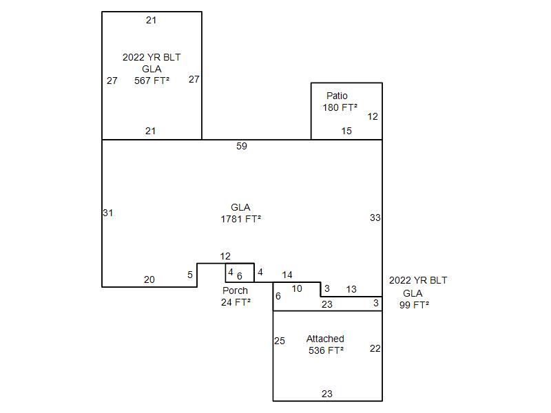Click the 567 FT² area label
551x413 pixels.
[x=152, y=81]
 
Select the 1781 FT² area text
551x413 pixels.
[x=240, y=219]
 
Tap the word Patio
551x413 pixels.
[x=337, y=96]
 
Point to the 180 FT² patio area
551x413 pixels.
[x=340, y=107]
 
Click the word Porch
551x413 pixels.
[x=235, y=290]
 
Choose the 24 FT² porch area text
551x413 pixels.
[x=236, y=302]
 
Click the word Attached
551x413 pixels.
[x=325, y=339]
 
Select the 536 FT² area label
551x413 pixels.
[x=326, y=350]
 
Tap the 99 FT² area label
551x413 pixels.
[x=414, y=305]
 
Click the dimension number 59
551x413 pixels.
[x=242, y=146]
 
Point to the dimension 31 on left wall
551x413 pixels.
[x=108, y=213]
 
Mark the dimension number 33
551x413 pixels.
[x=375, y=218]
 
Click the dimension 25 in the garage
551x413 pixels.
[x=280, y=341]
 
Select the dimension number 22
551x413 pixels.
[x=375, y=348]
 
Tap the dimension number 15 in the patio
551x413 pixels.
[x=346, y=131]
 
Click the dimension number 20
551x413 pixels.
[x=149, y=279]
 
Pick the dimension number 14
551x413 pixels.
[x=287, y=275]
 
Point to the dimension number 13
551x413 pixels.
[x=351, y=289]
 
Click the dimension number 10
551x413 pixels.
[x=297, y=288]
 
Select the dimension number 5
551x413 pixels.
[x=190, y=275]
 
